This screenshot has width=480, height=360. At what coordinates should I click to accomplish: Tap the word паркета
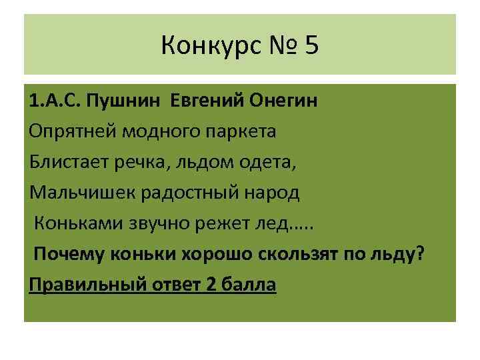coord(241,132)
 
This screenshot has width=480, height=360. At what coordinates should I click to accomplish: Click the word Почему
coord(67,255)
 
